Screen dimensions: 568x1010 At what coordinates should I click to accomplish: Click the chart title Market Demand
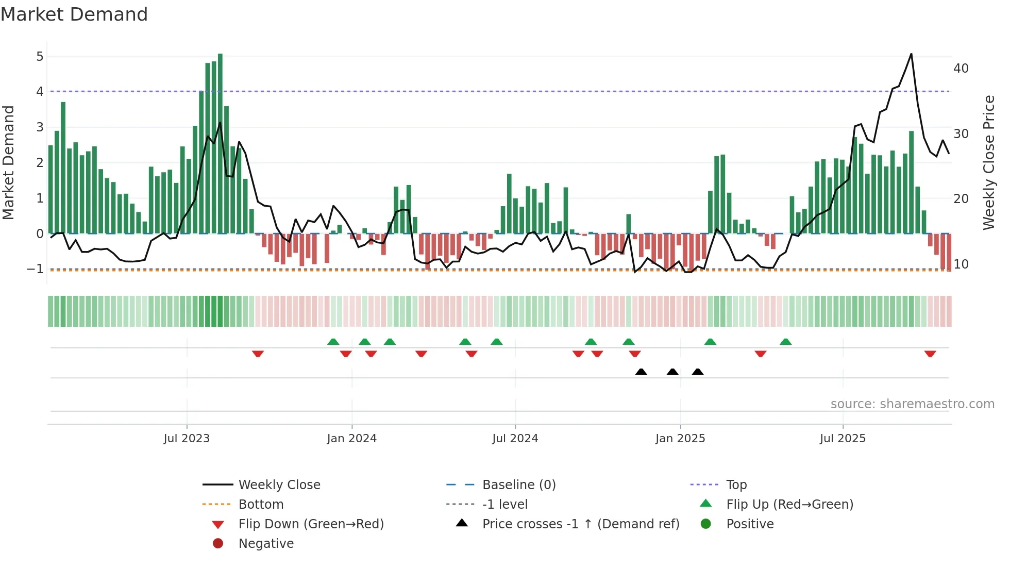(x=74, y=14)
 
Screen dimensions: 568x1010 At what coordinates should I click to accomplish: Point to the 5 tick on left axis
(x=40, y=56)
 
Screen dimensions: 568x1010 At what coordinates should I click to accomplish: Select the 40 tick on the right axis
(x=961, y=69)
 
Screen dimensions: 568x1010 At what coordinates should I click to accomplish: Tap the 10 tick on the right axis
(x=961, y=264)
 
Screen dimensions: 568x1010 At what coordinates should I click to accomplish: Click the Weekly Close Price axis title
(x=988, y=162)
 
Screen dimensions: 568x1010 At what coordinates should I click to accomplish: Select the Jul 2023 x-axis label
(x=187, y=439)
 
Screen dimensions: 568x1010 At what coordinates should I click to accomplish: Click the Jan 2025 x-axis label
(x=680, y=439)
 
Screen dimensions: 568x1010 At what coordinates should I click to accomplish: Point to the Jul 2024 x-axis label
(x=515, y=439)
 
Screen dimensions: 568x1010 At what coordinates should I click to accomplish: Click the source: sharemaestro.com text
(x=912, y=404)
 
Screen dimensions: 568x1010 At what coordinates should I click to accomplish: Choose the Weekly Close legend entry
(x=279, y=485)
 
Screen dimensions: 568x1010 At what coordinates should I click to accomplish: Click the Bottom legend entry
(x=261, y=505)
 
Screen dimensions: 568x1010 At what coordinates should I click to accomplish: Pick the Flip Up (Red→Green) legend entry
(x=789, y=505)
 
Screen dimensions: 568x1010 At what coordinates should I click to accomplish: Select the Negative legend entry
(x=266, y=544)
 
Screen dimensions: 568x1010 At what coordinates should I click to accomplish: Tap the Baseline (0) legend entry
(x=518, y=485)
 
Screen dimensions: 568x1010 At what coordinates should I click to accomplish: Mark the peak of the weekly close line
(x=911, y=54)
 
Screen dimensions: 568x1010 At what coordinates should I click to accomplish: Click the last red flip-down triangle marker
(x=930, y=354)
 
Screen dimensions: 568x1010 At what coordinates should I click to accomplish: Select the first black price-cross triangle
(x=641, y=372)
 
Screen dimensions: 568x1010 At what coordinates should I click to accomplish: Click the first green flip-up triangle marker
(x=333, y=342)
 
